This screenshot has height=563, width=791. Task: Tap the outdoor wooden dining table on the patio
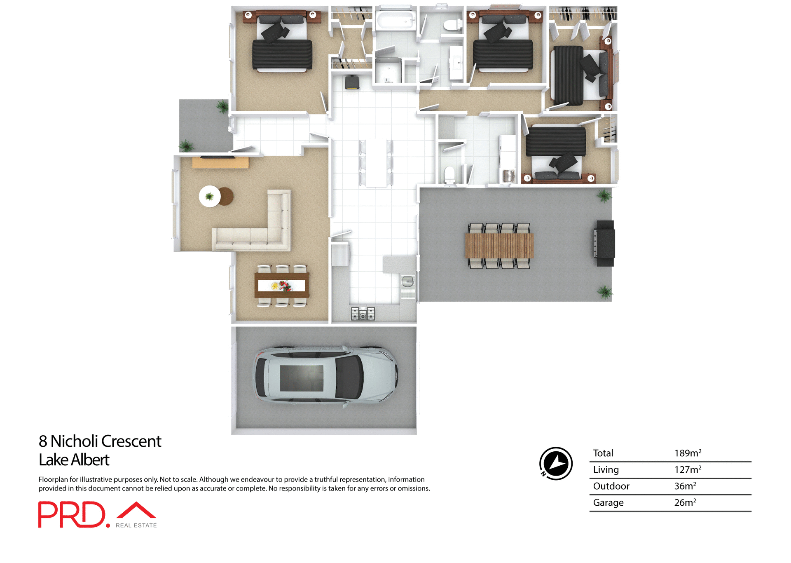[x=499, y=246]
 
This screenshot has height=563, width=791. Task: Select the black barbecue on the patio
[x=604, y=244]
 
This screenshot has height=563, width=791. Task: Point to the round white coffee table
[x=210, y=196]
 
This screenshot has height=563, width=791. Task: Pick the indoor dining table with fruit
[x=282, y=285]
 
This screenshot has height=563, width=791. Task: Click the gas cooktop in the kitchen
[x=363, y=314]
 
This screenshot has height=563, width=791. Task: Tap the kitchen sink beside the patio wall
[x=408, y=282]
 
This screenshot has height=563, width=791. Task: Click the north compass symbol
[x=556, y=464]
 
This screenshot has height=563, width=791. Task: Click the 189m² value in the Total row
[x=687, y=453]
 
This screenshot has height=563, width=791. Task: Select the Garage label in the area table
[x=608, y=503]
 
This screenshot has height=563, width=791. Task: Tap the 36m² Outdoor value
[x=685, y=486]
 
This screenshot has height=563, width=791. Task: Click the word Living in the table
[x=606, y=470]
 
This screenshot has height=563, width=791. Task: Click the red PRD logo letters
[x=72, y=514]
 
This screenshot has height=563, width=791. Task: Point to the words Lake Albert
[x=74, y=460]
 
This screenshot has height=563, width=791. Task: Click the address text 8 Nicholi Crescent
[x=100, y=441]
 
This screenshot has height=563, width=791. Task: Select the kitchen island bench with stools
[x=376, y=163]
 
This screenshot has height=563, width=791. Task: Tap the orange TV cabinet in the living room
[x=220, y=163]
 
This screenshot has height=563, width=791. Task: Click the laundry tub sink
[x=509, y=176]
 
